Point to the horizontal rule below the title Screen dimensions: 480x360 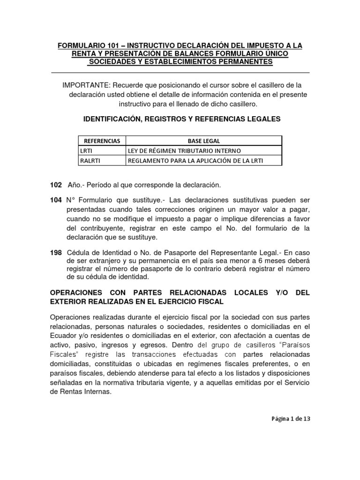[x=180, y=73]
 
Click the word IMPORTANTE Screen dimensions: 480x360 [x=85, y=85]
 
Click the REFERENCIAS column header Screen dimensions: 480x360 [x=102, y=141]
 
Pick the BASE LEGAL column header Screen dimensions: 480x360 [x=204, y=141]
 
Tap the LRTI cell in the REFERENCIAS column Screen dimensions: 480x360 [x=87, y=150]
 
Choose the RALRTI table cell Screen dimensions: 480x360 [x=90, y=161]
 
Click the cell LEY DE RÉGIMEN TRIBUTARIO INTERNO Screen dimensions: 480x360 [x=184, y=150]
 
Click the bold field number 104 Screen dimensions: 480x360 [x=56, y=200]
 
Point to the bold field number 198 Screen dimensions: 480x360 [x=56, y=253]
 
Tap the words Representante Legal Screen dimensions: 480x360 [x=243, y=253]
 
